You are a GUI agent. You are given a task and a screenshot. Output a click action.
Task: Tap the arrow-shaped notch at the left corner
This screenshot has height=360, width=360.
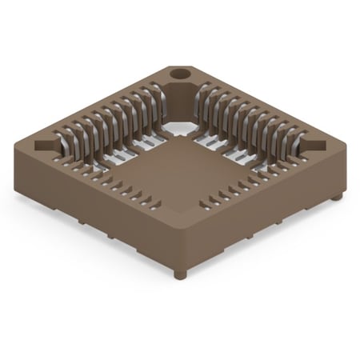(x=45, y=146)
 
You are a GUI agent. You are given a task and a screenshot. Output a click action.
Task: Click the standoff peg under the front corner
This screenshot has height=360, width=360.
(x=180, y=274)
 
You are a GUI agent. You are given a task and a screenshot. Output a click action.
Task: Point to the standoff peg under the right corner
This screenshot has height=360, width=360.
(x=337, y=195)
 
